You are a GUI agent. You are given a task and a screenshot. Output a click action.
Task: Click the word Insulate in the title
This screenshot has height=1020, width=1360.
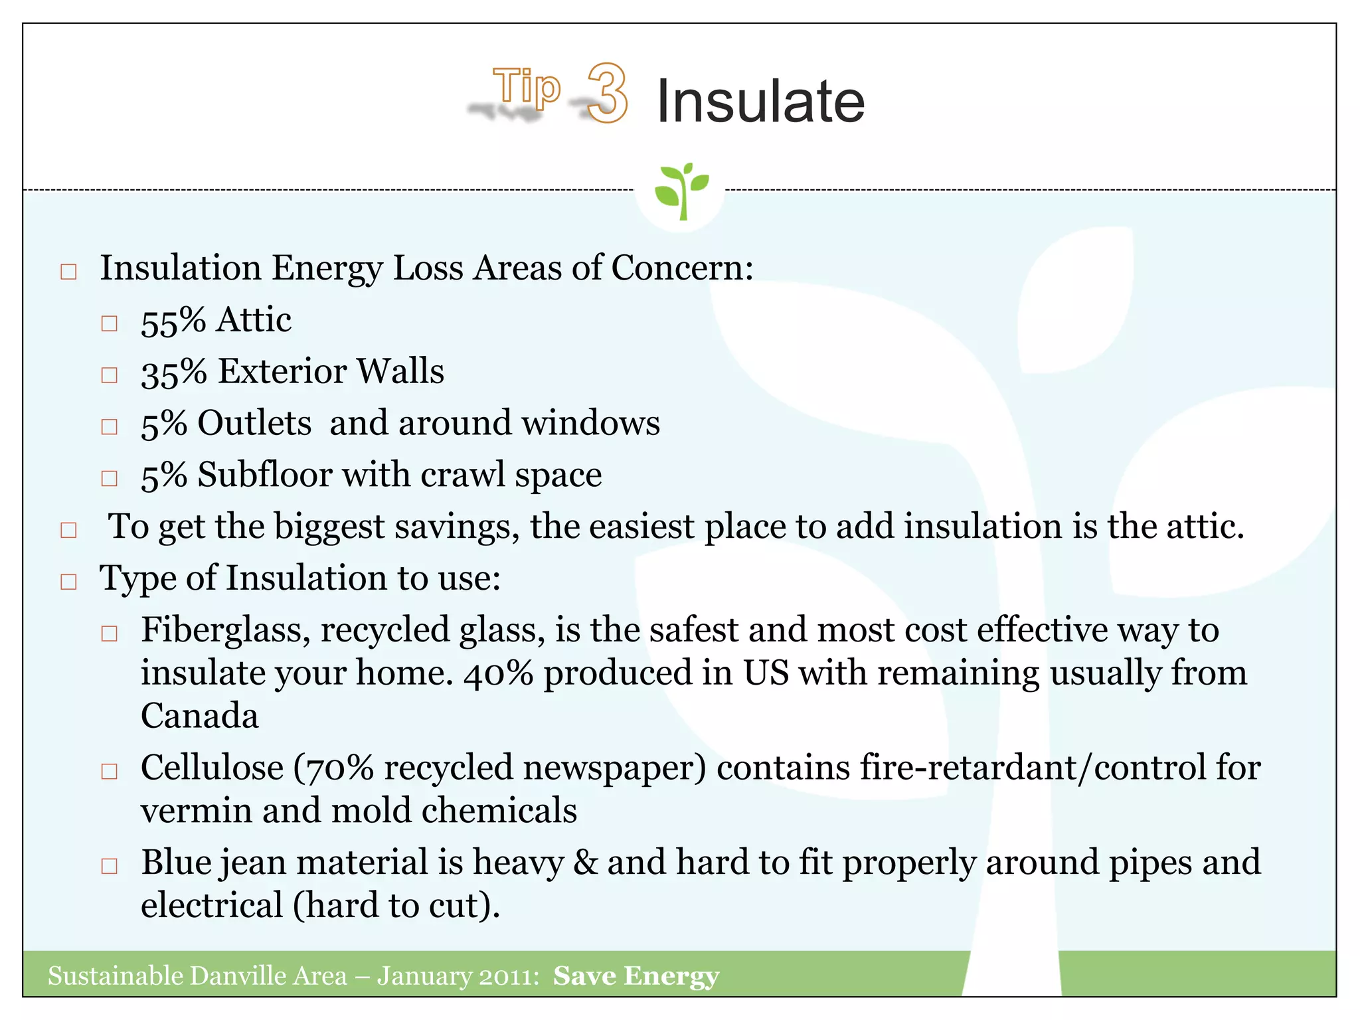point(760,101)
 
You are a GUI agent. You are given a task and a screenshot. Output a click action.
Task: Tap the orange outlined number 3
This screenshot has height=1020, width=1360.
point(608,93)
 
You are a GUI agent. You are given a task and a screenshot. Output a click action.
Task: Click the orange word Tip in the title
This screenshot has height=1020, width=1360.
point(527,87)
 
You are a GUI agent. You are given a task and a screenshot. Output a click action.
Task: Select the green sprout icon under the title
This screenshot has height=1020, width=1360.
point(681,191)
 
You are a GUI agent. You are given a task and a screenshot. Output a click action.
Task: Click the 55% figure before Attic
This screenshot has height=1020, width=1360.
point(173,321)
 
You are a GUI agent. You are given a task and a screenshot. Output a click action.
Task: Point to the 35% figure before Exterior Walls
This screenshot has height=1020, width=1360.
point(173,373)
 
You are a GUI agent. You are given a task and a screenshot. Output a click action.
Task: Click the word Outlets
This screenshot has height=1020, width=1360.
point(254,424)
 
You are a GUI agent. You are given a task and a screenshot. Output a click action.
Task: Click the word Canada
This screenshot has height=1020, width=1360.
point(199,716)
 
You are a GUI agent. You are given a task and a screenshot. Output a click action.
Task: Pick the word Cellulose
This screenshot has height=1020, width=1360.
point(212,768)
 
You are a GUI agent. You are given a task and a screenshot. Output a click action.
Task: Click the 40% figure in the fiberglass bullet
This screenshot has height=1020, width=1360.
point(498,673)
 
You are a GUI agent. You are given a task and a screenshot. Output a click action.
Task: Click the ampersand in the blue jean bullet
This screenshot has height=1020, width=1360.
point(585,863)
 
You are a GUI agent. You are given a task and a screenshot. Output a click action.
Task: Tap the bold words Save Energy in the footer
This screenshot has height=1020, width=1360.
point(636,976)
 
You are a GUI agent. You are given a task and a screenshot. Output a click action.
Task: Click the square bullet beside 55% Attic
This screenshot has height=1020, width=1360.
point(110,323)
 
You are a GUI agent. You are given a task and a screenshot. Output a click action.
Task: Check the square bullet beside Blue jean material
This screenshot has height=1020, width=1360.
point(110,866)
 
